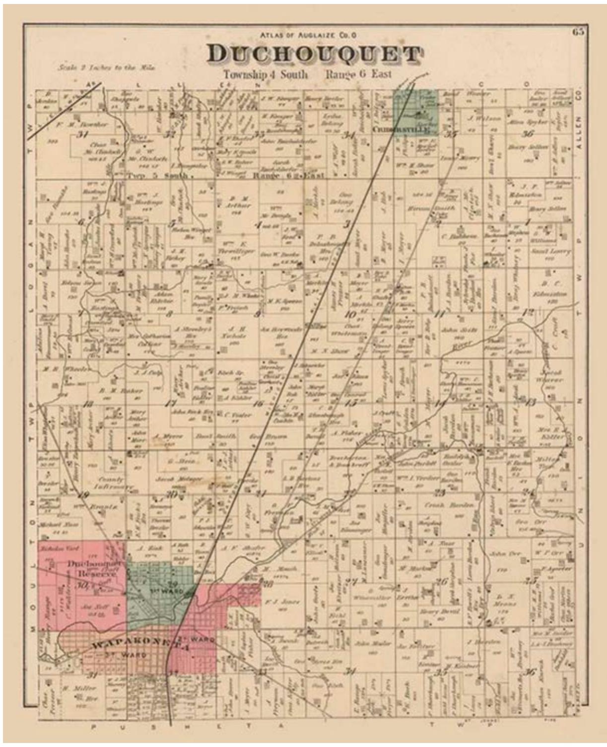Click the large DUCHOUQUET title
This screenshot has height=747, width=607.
click(x=314, y=55)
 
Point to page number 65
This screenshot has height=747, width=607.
click(x=578, y=32)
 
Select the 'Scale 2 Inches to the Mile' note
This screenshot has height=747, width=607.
click(x=99, y=68)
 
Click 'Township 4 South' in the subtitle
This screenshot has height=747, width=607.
click(x=265, y=75)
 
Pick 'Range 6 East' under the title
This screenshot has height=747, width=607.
click(x=358, y=74)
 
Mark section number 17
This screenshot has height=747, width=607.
click(x=171, y=404)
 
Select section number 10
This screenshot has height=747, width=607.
click(x=350, y=314)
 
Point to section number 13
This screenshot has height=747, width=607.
click(x=531, y=402)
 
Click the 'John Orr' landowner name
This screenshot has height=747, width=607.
click(x=504, y=553)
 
